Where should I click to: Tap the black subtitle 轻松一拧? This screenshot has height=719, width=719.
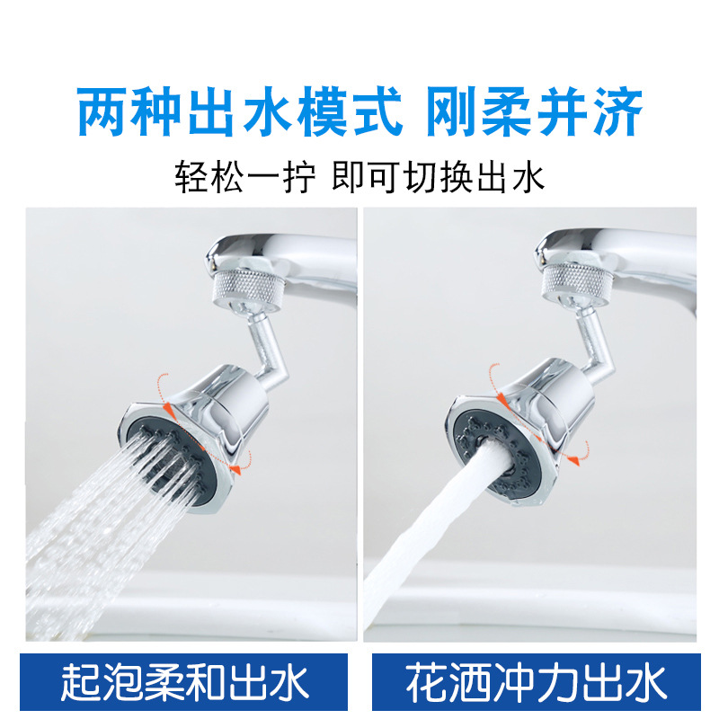click(x=244, y=177)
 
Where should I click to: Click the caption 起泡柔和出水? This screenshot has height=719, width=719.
click(x=184, y=681)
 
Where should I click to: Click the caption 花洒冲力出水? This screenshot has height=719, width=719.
click(x=537, y=681)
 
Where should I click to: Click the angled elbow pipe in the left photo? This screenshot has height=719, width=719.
click(x=270, y=342)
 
